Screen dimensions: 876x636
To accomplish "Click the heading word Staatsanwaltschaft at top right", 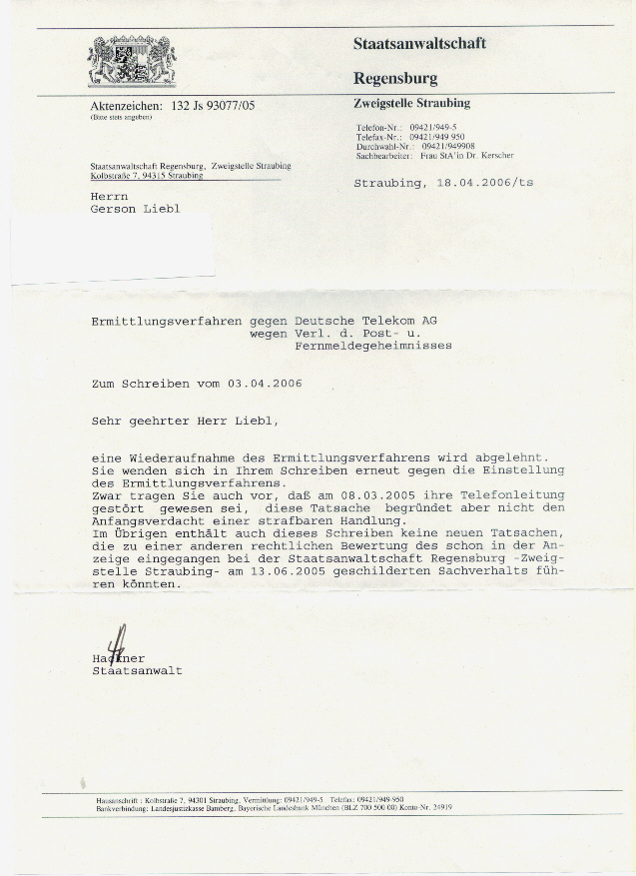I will pos(419,43).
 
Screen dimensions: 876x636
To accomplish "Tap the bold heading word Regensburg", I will pos(395,78).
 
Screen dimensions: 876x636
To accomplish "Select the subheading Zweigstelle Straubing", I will pos(411,103).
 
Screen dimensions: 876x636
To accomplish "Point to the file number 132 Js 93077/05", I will pos(214,105).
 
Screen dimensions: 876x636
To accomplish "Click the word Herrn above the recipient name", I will pos(109,197).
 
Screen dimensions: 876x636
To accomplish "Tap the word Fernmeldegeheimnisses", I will pos(373,346).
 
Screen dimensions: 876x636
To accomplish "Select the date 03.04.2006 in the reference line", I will pos(264,384).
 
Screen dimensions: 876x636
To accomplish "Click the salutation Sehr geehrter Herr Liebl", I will pos(180,422).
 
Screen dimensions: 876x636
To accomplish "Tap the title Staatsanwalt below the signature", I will pos(136,671).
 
